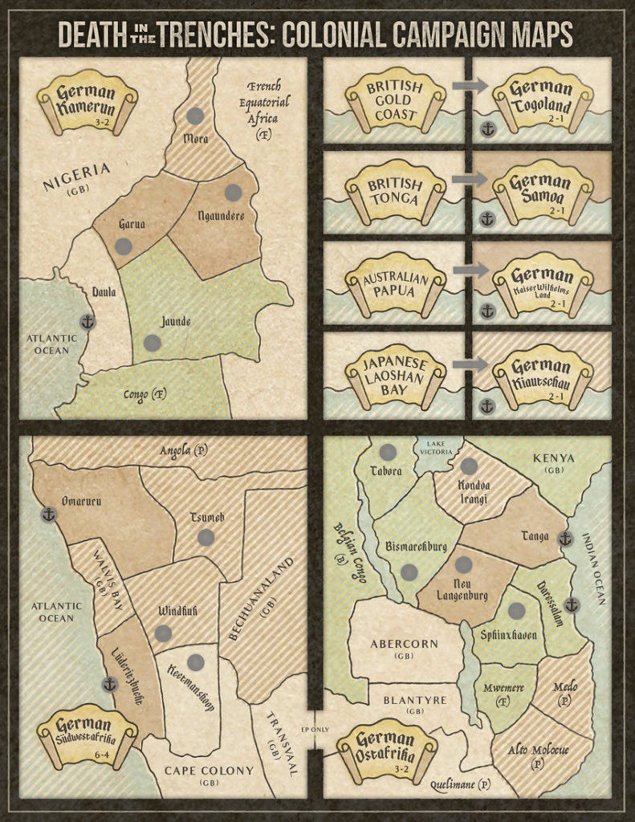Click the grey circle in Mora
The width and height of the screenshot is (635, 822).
(195, 116)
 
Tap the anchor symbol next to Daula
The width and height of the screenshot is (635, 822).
(88, 322)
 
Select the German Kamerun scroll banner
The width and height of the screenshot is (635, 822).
(87, 98)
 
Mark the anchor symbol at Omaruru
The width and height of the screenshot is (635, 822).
(49, 513)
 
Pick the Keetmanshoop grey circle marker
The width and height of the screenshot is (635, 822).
(195, 661)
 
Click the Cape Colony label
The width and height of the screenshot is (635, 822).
(210, 774)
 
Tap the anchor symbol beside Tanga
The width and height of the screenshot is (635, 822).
(564, 538)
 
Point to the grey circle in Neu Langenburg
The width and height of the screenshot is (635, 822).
(463, 564)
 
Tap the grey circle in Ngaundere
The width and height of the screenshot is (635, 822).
(233, 193)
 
